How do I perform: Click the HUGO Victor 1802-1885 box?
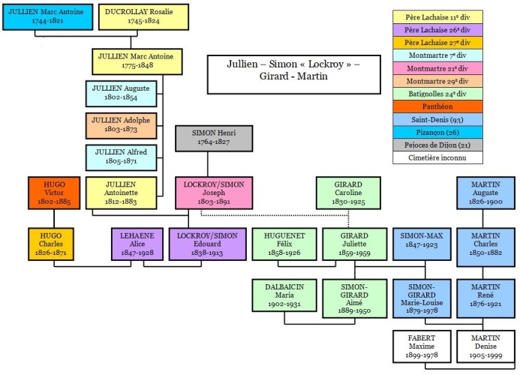54,193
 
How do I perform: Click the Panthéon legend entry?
437,106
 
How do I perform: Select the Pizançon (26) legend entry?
437,132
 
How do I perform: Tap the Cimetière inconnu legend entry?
437,157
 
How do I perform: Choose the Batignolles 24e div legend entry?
437,94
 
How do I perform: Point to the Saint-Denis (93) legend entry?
437,119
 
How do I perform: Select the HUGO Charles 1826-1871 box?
51,244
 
